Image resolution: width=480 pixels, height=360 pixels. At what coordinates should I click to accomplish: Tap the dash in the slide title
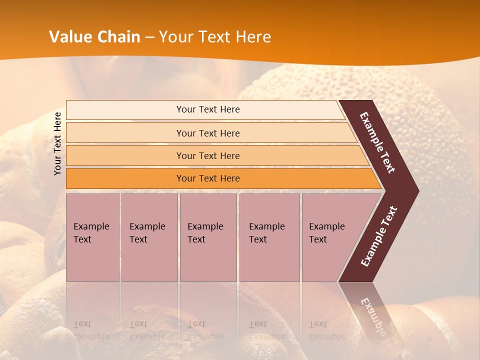tap(149, 37)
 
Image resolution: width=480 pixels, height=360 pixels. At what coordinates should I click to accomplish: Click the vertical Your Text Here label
tap(57, 143)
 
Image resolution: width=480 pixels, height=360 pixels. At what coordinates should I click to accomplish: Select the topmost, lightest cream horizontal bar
tap(207, 109)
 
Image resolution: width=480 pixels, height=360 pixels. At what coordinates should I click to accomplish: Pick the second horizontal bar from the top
tap(207, 133)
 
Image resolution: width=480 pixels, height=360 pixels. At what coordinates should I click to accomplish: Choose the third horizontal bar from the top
tap(207, 155)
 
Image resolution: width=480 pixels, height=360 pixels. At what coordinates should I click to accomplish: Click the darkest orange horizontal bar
tap(207, 178)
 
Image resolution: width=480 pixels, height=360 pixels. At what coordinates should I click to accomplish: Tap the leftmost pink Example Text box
tap(92, 237)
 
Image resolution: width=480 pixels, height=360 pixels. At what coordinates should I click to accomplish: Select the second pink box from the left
tap(149, 237)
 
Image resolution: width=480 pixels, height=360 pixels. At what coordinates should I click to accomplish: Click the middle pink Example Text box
tap(207, 237)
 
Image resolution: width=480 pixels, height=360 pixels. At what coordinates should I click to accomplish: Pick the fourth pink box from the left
tap(269, 237)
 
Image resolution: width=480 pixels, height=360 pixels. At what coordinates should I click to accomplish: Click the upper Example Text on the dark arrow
tap(377, 142)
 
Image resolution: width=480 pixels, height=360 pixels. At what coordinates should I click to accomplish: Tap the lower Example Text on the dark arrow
tap(379, 236)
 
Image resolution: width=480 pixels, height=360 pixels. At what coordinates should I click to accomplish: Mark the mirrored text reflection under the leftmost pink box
tap(91, 330)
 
